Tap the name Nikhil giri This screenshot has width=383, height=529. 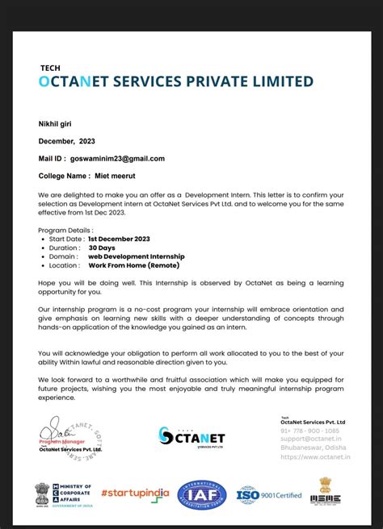[60, 123]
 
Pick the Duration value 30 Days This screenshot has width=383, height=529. [102, 248]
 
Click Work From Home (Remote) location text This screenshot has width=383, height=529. [134, 265]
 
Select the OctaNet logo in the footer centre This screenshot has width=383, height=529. [191, 436]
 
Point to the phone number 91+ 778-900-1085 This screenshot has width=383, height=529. [310, 431]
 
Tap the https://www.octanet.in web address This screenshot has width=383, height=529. [315, 456]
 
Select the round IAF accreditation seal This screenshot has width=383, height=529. [202, 494]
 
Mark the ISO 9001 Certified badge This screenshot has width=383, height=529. [269, 494]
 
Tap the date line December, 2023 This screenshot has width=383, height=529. [68, 140]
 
